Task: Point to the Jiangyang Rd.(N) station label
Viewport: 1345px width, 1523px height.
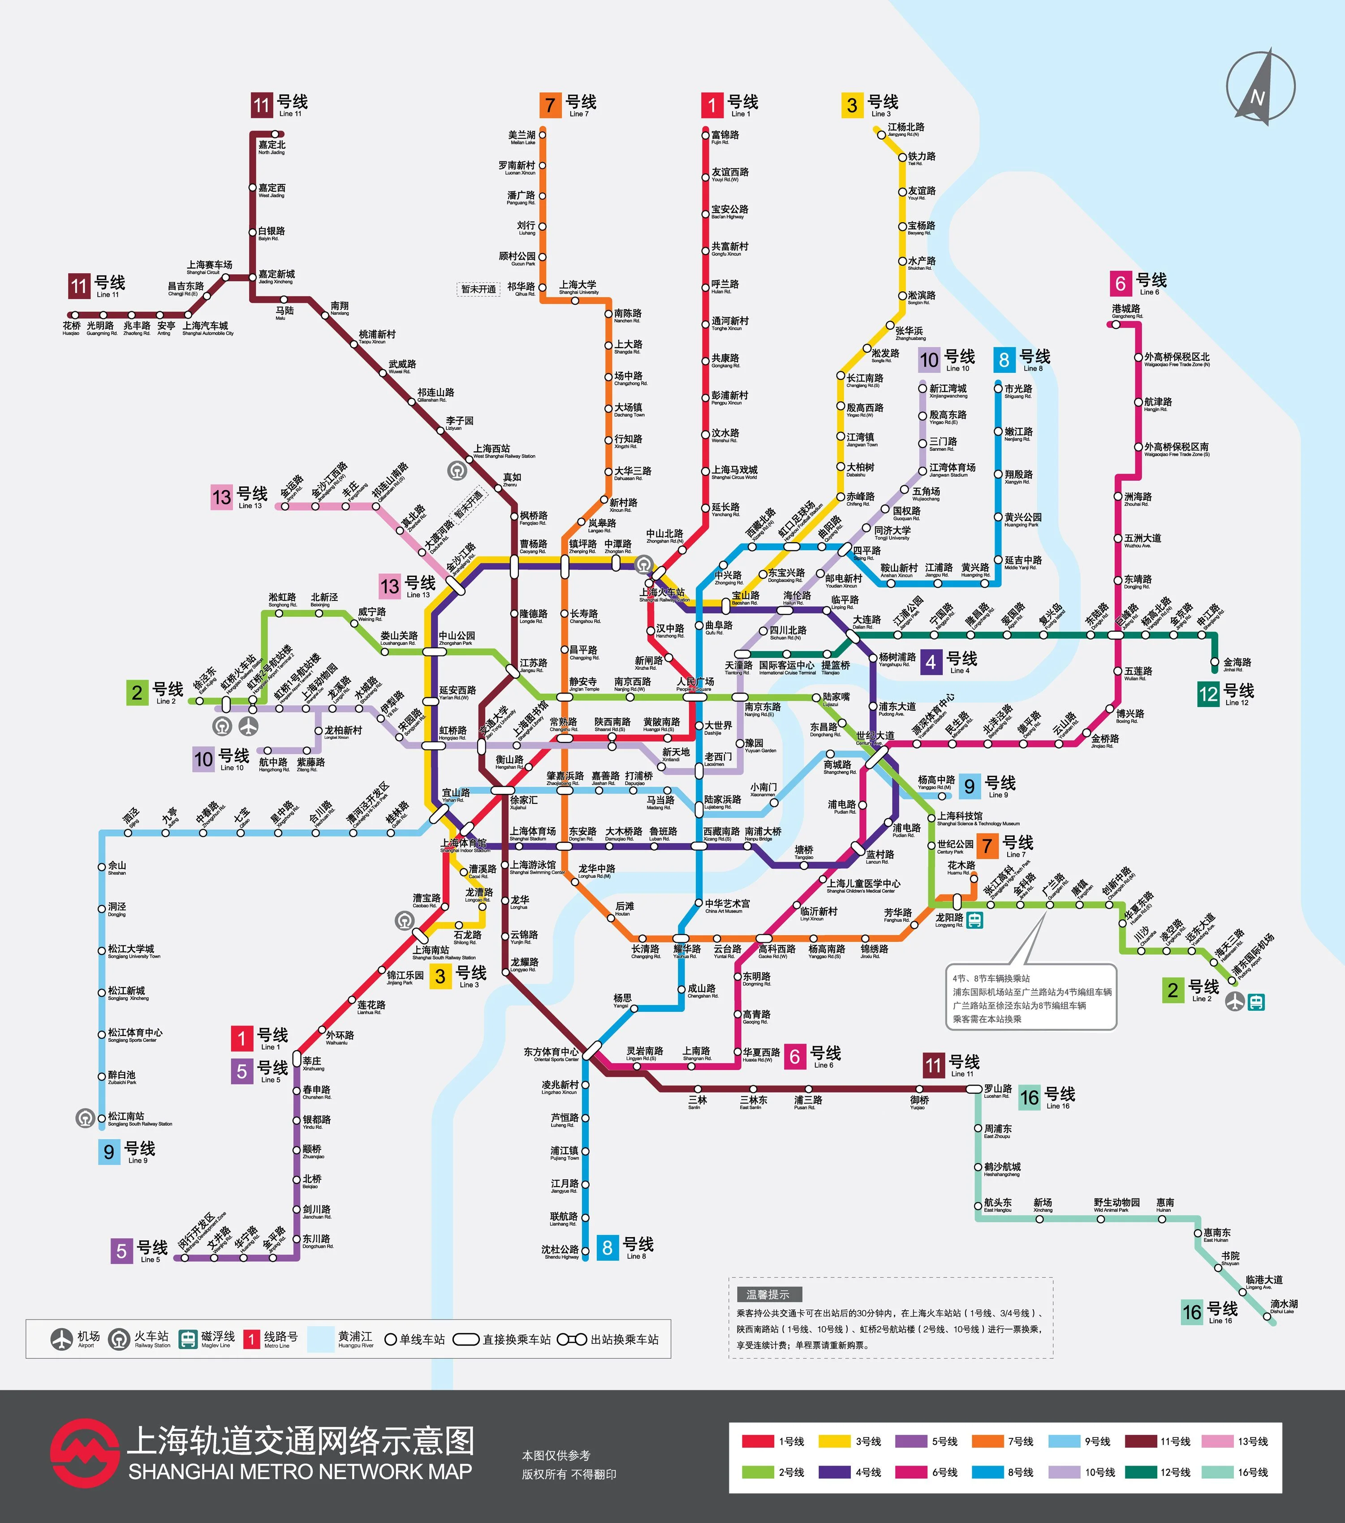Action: (905, 129)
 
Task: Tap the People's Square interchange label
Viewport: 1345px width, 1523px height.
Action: (694, 684)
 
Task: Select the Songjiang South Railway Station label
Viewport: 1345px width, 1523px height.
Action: (138, 1119)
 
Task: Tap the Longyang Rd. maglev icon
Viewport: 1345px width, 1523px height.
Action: (974, 921)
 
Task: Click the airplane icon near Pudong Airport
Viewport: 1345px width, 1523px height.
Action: (1235, 1002)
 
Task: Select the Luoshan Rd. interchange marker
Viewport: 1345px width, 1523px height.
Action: (974, 1089)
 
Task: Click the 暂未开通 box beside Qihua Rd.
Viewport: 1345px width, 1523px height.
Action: (479, 289)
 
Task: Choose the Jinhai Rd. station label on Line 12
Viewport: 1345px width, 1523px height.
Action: (1237, 663)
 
